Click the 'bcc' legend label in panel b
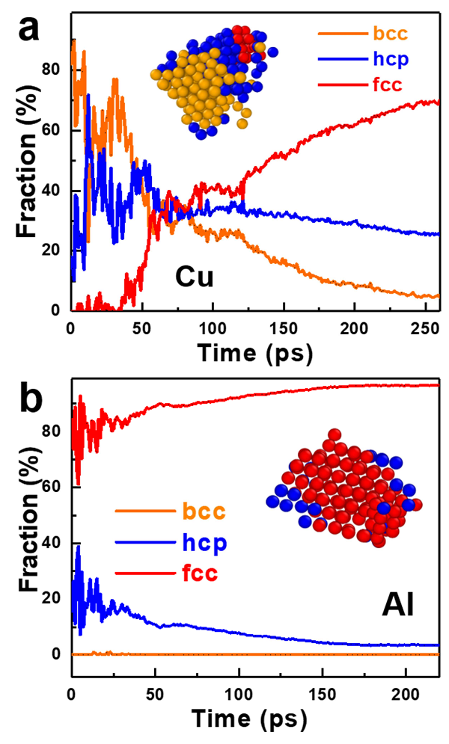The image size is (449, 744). (204, 512)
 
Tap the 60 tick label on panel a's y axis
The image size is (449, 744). (54, 131)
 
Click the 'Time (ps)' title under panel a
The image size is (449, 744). (254, 352)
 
